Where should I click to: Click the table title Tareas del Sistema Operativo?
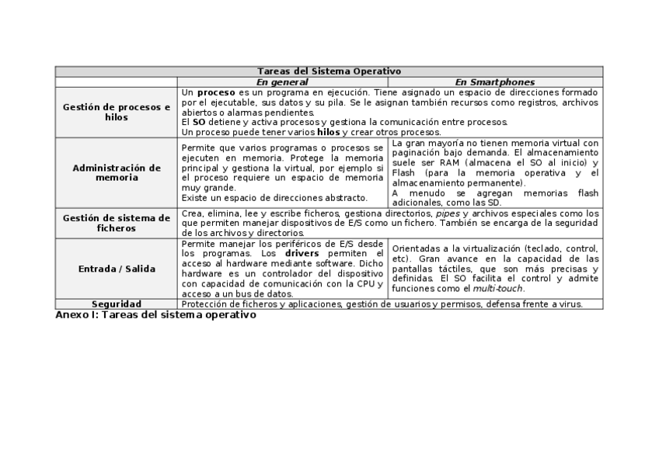pos(329,71)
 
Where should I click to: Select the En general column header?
pos(282,82)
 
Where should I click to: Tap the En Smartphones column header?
pos(494,82)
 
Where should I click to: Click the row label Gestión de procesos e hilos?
pos(117,112)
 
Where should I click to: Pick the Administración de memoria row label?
pos(117,172)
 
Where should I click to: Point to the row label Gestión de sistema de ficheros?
pos(117,224)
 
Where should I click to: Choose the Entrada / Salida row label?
pos(117,269)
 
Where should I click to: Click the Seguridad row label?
pos(117,304)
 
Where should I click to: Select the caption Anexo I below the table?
pos(156,315)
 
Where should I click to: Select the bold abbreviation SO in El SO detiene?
pos(199,122)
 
